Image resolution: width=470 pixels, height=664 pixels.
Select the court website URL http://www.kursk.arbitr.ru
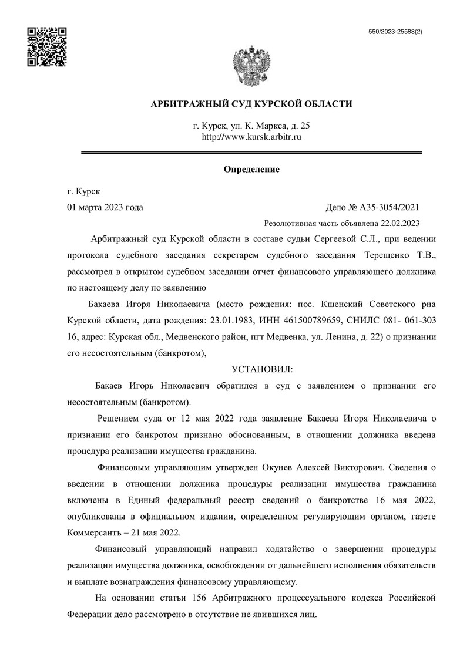(251, 137)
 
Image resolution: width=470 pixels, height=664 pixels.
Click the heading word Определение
(251, 170)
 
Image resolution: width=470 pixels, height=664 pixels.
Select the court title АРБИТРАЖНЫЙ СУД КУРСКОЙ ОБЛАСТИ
(251, 104)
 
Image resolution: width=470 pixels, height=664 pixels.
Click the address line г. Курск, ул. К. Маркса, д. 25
(251, 126)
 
